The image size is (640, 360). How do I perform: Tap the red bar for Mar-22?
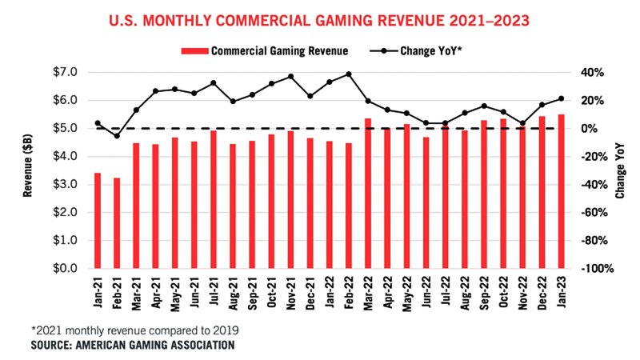point(368,193)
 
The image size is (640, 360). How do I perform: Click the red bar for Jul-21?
point(214,199)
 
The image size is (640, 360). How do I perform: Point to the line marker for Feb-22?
point(349,74)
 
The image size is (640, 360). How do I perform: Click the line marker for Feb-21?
point(117,136)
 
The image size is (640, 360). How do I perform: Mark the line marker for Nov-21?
point(290,77)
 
